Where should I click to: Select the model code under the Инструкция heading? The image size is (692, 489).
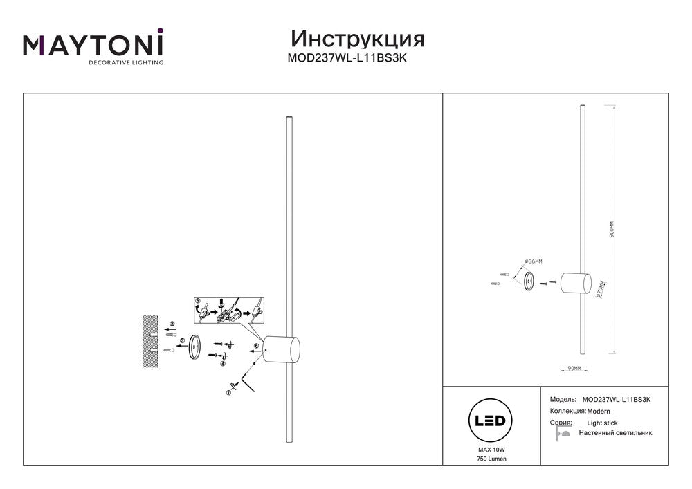coord(346,59)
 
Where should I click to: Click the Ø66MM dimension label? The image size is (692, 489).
coord(533,261)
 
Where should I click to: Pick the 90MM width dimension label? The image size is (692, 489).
coord(574,369)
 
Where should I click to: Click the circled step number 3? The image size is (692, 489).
coord(182,341)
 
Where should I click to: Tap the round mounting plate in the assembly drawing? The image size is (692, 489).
coord(195,346)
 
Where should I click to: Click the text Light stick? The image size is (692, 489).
coord(602,423)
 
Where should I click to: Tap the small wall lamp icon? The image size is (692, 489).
coord(563,434)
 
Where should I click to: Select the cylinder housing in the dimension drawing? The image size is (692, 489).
coord(576,283)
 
